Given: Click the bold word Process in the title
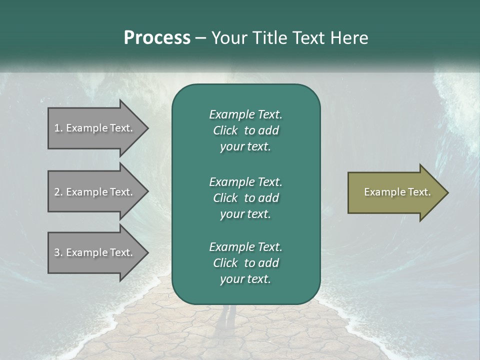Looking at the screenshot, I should (x=157, y=38).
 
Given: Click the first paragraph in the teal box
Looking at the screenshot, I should (x=245, y=130).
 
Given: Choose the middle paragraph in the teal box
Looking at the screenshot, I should (x=245, y=197).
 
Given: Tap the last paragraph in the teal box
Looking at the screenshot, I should (x=245, y=263).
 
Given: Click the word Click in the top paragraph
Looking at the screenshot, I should (x=225, y=130).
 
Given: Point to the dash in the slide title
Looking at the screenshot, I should (x=200, y=38).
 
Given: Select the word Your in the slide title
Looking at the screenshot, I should (x=228, y=38).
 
